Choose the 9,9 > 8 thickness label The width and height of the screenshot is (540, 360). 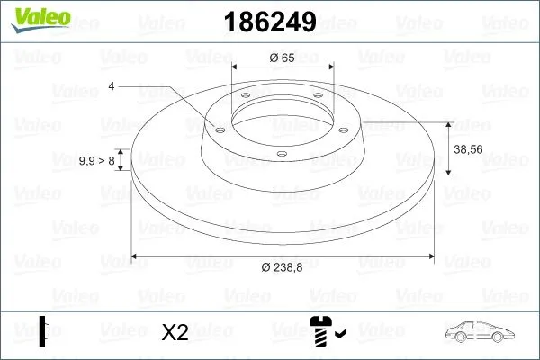tap(98, 161)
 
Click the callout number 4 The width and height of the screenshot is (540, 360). tap(112, 85)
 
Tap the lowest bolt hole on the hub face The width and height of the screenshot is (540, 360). tap(281, 153)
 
